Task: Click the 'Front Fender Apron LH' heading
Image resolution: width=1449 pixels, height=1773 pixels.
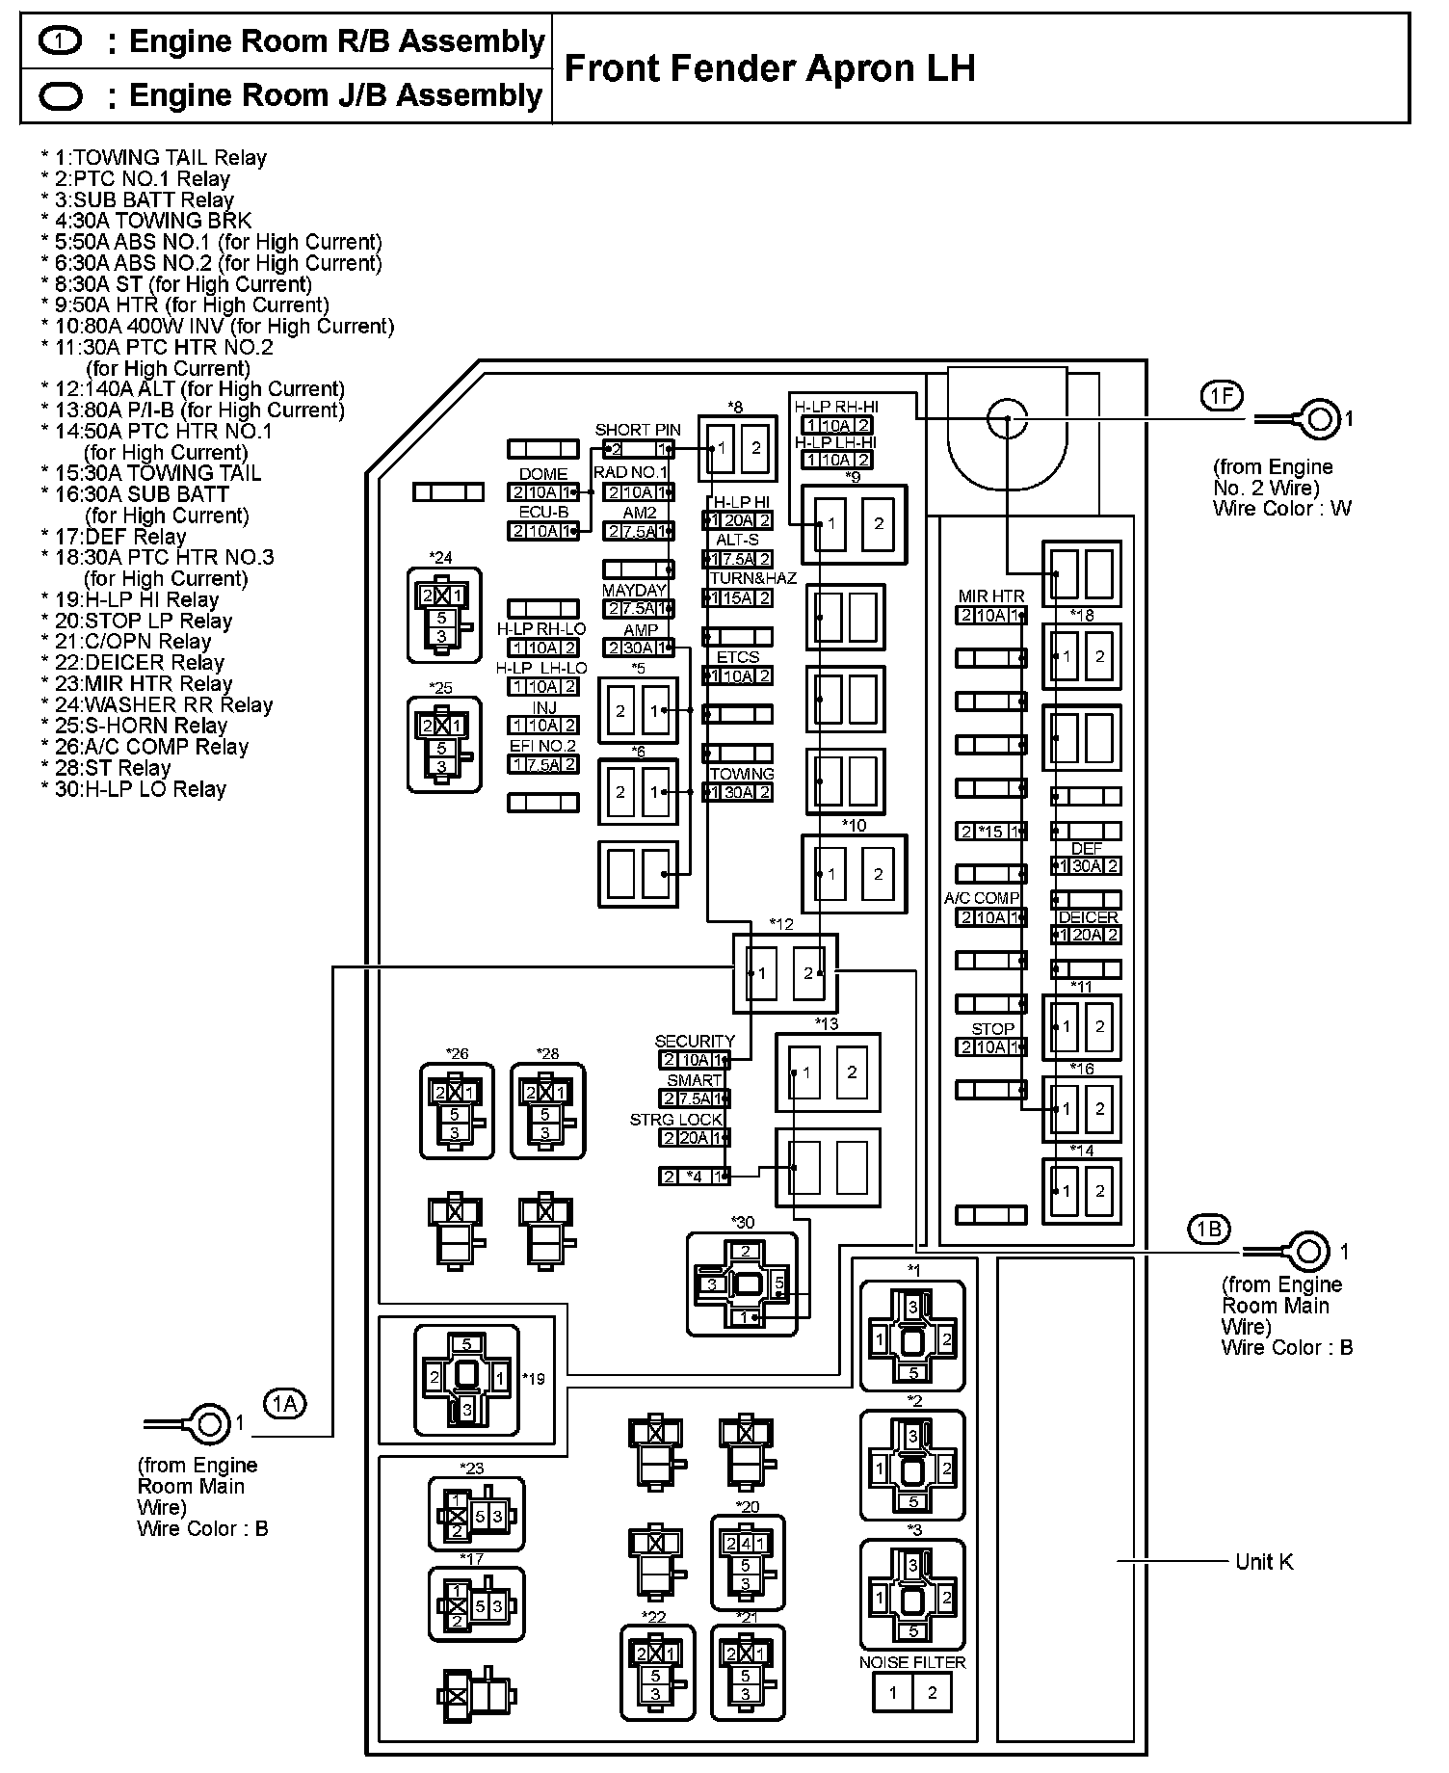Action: click(x=769, y=68)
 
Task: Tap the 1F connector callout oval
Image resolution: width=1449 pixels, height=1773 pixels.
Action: click(x=1221, y=396)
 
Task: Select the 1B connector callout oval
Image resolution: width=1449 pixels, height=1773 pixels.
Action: click(x=1208, y=1230)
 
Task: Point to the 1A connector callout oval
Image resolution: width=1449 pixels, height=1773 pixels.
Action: click(x=284, y=1405)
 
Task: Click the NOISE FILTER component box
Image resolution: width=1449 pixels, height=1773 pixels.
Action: click(x=911, y=1693)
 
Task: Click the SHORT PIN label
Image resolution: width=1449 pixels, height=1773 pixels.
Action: click(x=638, y=430)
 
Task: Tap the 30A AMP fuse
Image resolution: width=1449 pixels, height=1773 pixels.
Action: click(x=639, y=648)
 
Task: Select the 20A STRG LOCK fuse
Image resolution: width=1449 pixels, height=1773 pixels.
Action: click(x=694, y=1138)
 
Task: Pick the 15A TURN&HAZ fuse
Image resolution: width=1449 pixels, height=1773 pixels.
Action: click(x=738, y=597)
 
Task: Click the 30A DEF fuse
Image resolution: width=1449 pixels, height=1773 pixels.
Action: click(x=1086, y=866)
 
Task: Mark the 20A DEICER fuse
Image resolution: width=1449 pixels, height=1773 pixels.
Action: click(x=1086, y=935)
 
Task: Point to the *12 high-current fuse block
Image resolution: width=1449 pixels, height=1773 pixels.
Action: click(x=784, y=973)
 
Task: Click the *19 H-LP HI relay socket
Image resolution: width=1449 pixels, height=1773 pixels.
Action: click(x=466, y=1381)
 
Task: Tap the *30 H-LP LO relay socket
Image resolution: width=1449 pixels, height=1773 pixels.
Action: click(x=743, y=1284)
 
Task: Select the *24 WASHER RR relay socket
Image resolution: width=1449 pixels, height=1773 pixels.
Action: click(x=443, y=615)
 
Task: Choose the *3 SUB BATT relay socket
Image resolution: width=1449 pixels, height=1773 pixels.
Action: click(x=911, y=1599)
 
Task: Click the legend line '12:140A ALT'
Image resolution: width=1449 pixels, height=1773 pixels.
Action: click(x=193, y=389)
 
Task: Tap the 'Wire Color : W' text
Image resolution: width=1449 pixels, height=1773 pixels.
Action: click(x=1281, y=509)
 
